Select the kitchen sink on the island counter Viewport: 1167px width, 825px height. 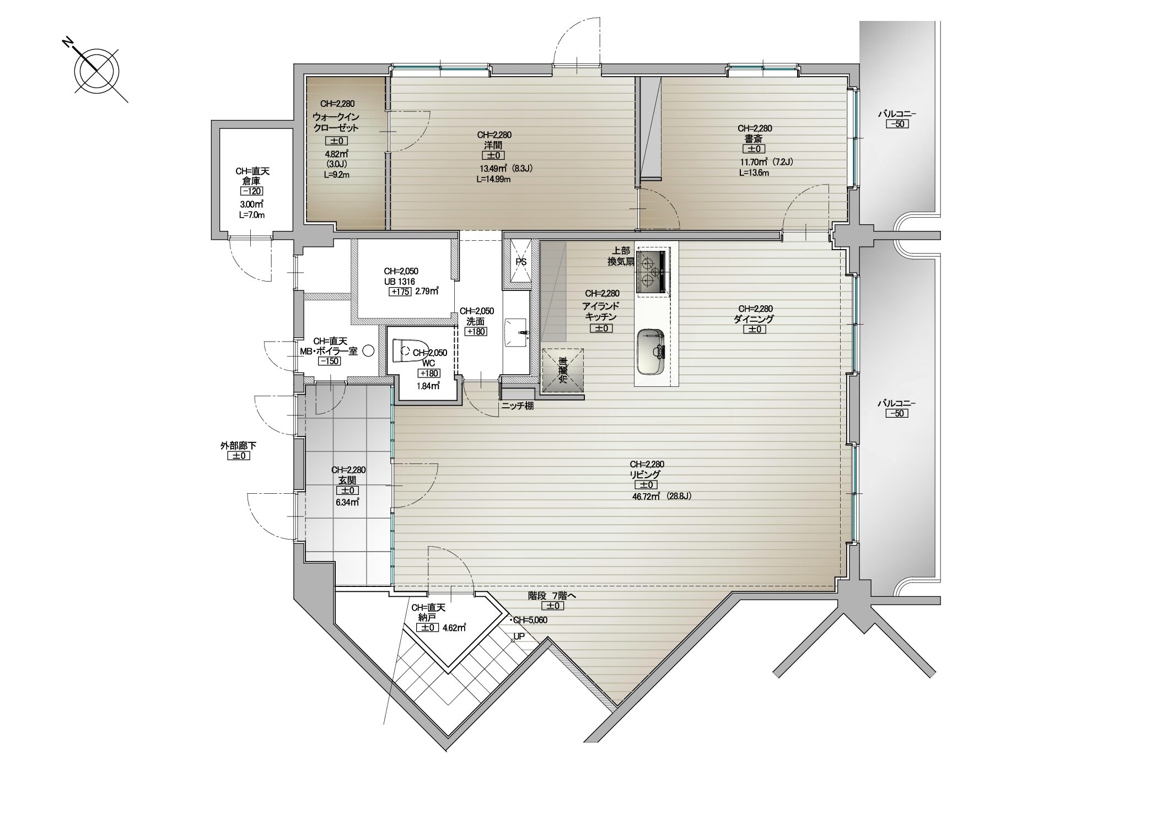point(652,351)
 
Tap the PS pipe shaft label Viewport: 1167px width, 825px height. point(521,262)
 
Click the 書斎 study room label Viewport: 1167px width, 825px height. point(755,138)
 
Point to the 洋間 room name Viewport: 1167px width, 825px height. point(494,145)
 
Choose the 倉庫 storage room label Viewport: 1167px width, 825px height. point(252,181)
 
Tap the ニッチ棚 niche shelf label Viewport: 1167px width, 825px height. point(517,406)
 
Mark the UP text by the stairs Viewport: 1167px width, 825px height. point(519,637)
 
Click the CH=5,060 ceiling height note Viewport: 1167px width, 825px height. point(529,620)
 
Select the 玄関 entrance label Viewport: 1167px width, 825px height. point(348,480)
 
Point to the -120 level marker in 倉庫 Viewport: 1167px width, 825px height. point(252,191)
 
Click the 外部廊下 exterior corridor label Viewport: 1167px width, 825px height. point(239,446)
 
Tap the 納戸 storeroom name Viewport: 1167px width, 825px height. point(428,617)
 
